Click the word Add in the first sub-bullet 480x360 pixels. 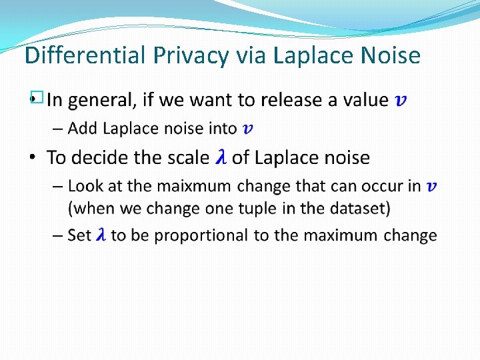pyautogui.click(x=83, y=128)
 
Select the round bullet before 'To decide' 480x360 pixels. pyautogui.click(x=33, y=158)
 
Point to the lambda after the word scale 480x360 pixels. pyautogui.click(x=221, y=158)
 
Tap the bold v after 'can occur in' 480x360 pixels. pyautogui.click(x=432, y=187)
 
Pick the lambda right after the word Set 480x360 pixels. pyautogui.click(x=101, y=235)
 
